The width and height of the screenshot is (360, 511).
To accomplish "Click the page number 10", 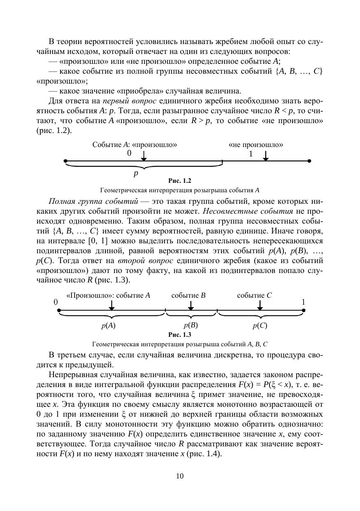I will [180, 476].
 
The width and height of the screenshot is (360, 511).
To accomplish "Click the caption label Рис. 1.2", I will [180, 181].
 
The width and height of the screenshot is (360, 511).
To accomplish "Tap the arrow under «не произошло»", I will [266, 156].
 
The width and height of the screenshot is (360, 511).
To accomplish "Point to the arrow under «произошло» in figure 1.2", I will [144, 156].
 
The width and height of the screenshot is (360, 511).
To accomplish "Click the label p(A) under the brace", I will [109, 325].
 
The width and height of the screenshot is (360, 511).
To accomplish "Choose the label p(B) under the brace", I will [191, 325].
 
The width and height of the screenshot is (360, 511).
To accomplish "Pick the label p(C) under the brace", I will [260, 325].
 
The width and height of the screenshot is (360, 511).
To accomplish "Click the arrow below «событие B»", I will [190, 305].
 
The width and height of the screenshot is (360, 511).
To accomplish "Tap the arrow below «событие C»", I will [260, 305].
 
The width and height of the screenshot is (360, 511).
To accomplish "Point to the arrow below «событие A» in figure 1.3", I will [111, 305].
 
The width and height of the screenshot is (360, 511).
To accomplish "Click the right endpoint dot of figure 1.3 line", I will [304, 310].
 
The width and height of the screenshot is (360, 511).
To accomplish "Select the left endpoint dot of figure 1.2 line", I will [65, 161].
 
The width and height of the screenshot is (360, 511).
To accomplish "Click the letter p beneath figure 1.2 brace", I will [136, 174].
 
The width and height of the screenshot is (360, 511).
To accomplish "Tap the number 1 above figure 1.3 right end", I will [303, 302].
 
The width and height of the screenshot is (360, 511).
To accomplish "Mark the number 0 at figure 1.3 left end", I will [56, 302].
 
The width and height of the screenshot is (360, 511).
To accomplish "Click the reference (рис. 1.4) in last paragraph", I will [204, 454].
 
